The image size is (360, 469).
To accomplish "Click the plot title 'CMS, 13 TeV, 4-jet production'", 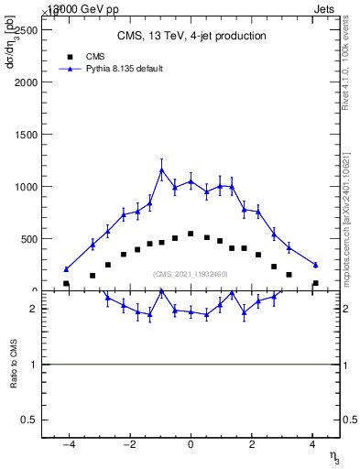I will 191,37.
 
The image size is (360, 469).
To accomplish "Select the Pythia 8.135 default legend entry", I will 111,69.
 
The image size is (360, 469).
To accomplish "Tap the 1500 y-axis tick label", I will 26,134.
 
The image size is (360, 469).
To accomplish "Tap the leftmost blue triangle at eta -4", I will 66,269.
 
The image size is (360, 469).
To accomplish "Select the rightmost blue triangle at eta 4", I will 315,265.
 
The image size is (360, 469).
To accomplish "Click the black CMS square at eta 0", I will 191,234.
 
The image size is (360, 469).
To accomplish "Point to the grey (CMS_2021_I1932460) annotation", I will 191,274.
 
